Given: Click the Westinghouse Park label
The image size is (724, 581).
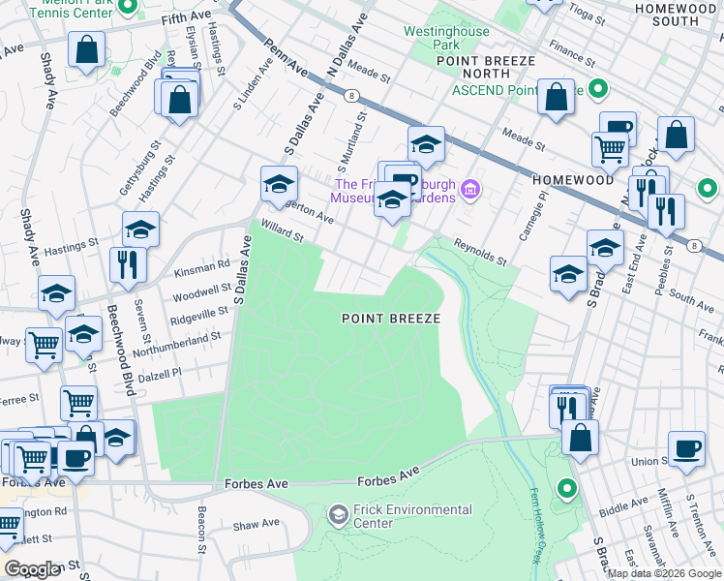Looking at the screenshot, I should pos(445,38).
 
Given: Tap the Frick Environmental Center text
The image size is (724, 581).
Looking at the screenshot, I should pos(413,516).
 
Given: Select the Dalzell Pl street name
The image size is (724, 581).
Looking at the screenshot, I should pos(161,374).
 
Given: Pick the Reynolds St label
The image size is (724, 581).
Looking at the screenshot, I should pos(481,254).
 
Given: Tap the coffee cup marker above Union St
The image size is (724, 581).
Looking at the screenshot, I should pos(686,448).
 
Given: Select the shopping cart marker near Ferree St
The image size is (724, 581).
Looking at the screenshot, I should pos(78,401).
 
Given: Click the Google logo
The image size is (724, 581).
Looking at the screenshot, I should pos(32,569).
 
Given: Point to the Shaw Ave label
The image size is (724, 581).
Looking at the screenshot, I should pos(256,524).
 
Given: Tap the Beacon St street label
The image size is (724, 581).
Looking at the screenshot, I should pos(201,524).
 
